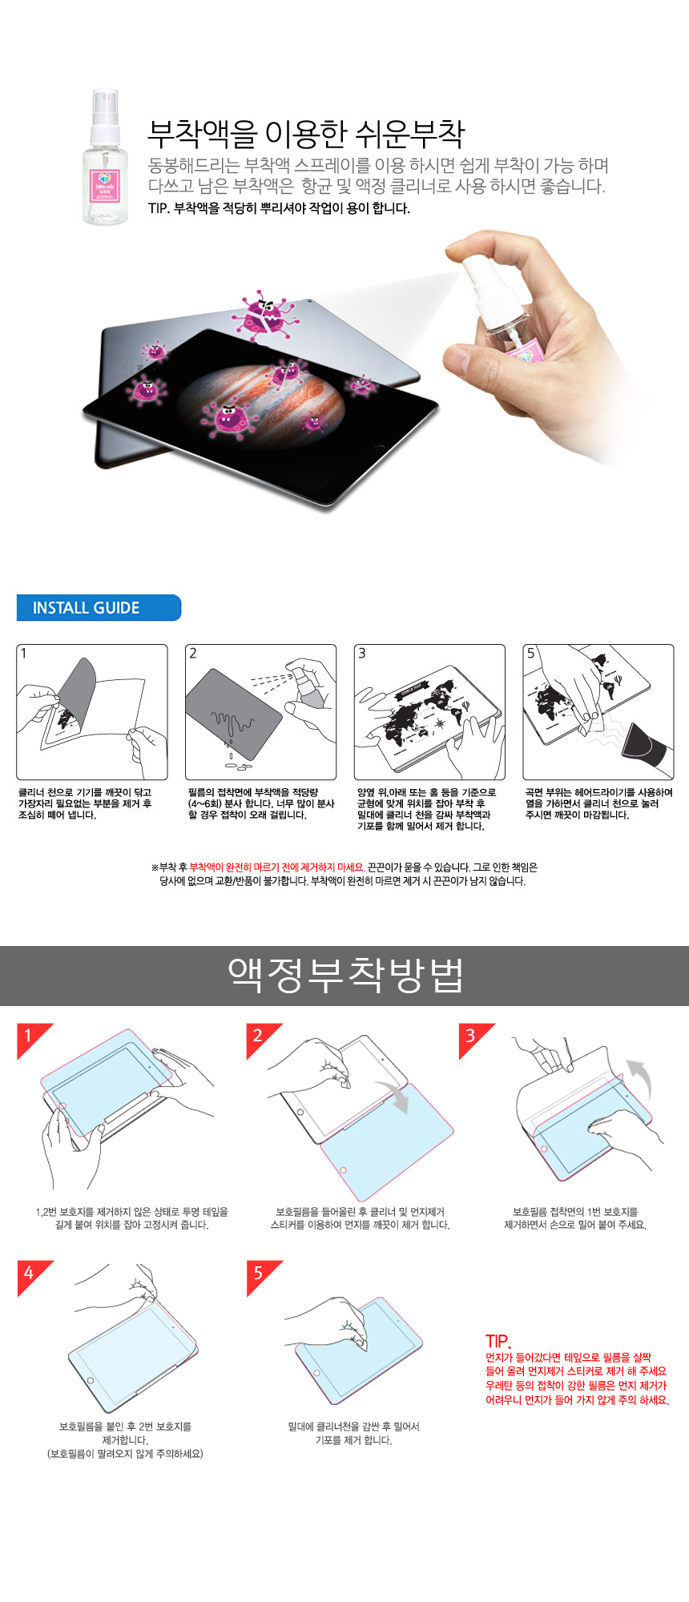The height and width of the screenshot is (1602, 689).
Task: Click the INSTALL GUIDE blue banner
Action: click(99, 607)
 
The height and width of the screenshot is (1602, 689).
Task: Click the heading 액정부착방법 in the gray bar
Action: click(345, 975)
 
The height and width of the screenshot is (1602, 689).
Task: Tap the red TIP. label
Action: click(498, 1341)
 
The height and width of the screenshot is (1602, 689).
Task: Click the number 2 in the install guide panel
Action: click(193, 654)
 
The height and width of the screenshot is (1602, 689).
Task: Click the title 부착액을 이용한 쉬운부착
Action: click(306, 134)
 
